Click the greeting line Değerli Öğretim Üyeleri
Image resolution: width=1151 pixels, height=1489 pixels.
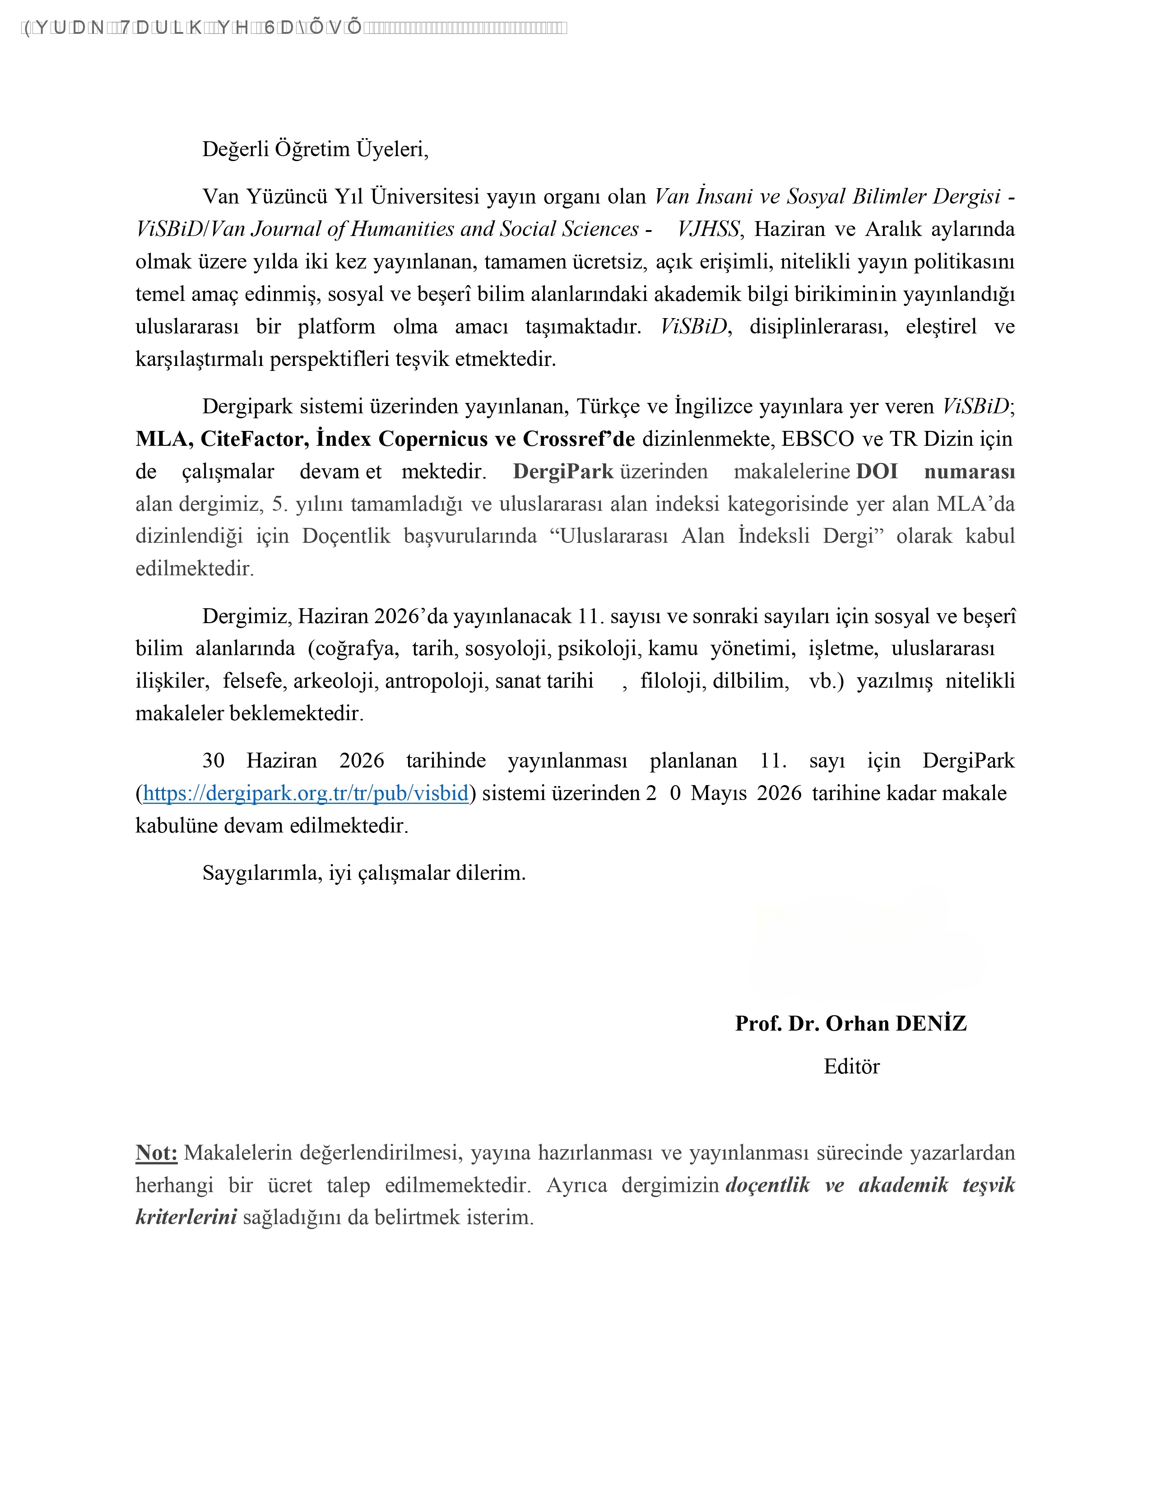[x=315, y=149]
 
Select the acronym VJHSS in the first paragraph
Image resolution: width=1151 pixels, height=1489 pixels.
[x=708, y=229]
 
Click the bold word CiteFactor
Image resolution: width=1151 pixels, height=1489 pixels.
[x=254, y=439]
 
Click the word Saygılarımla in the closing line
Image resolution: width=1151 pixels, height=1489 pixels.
[x=262, y=874]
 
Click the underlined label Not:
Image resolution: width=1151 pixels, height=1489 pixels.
[x=156, y=1153]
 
